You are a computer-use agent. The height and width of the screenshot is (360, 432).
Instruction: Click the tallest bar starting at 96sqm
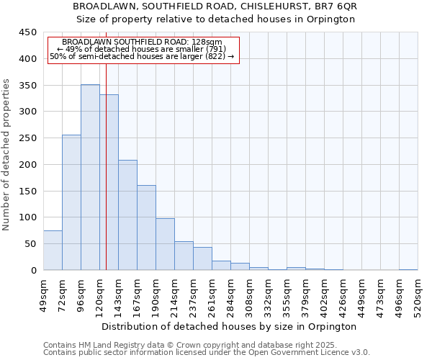[x=90, y=177]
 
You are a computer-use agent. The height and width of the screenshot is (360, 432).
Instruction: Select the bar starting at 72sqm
[x=71, y=202]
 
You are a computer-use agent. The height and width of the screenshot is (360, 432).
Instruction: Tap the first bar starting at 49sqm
[x=53, y=250]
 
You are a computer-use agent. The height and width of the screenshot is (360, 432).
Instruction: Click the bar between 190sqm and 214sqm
[x=165, y=244]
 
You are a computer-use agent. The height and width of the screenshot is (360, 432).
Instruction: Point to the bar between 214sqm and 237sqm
[x=184, y=256]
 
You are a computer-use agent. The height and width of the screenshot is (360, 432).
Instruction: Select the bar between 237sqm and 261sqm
[x=202, y=258]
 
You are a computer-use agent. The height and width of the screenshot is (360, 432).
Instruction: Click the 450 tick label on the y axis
[x=27, y=32]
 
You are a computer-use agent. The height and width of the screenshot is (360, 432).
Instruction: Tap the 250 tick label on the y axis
[x=27, y=138]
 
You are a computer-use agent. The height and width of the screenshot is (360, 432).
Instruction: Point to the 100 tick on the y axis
[x=27, y=217]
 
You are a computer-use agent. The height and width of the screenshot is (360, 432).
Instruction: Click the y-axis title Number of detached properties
[x=7, y=155]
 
